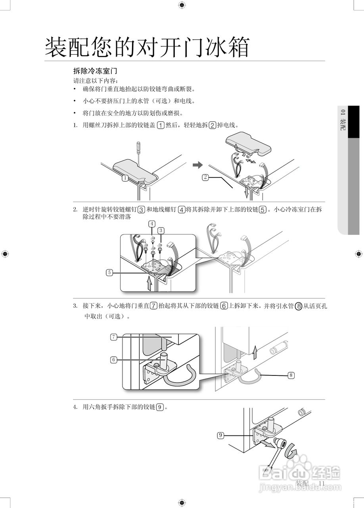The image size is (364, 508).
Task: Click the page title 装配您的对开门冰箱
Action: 147,48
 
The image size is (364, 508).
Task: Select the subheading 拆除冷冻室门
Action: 95,71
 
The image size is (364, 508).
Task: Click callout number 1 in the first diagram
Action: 125,178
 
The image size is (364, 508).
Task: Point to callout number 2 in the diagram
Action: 205,177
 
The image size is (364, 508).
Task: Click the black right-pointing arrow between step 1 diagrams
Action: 197,165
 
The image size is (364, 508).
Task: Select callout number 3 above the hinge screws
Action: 161,230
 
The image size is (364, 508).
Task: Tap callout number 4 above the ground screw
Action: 152,223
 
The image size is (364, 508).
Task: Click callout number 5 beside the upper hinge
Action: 110,272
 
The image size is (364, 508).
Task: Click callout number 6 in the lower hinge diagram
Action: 114,360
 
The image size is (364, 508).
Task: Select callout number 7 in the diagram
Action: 114,337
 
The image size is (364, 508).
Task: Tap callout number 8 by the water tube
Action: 291,375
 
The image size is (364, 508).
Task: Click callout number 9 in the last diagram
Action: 220,435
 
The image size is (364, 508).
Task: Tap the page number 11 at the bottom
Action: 321,483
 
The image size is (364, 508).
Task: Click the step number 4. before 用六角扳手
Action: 75,407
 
